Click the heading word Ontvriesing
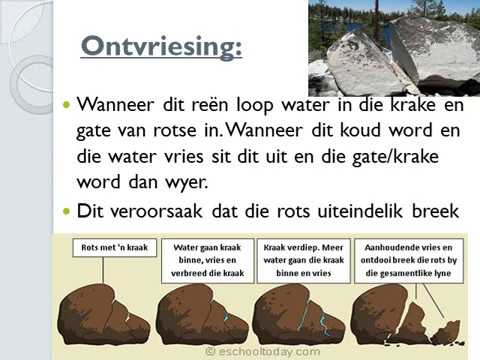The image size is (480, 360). [160, 47]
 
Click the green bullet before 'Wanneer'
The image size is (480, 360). [67, 105]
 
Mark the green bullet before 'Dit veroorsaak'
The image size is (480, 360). [67, 211]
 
